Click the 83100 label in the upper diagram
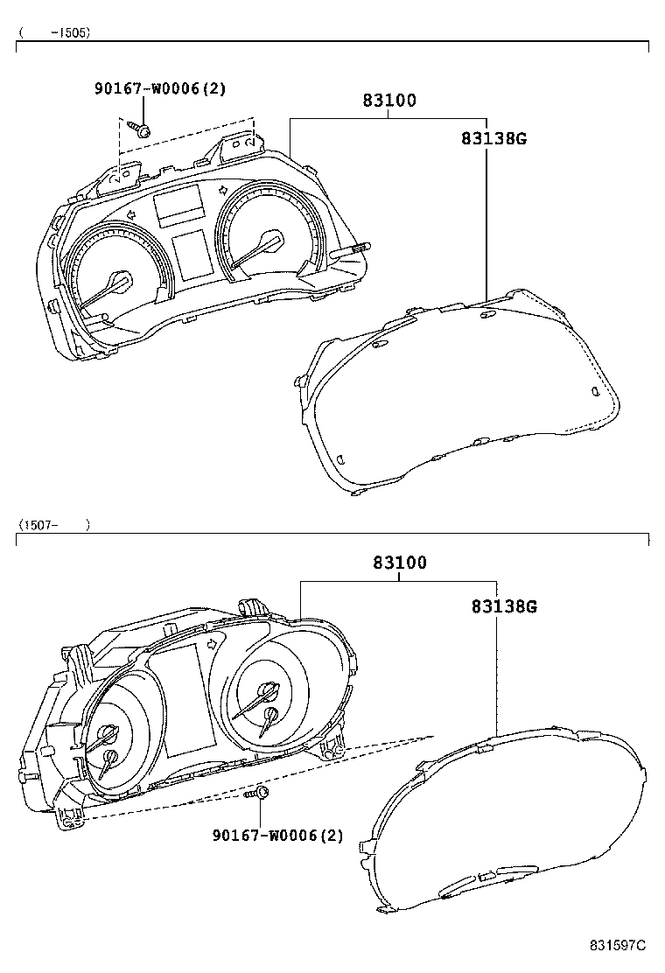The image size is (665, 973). [x=389, y=100]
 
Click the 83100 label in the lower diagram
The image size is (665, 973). [x=400, y=563]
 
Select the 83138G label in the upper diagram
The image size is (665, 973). [x=493, y=138]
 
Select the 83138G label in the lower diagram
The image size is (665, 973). [x=504, y=606]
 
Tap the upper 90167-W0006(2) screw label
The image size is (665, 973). [x=160, y=88]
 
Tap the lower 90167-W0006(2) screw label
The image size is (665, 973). [x=278, y=836]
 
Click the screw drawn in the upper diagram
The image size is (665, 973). [x=141, y=129]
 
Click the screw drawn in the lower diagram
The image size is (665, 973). [x=257, y=793]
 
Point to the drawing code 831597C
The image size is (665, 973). [x=618, y=945]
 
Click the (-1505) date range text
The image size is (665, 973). [x=54, y=32]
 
